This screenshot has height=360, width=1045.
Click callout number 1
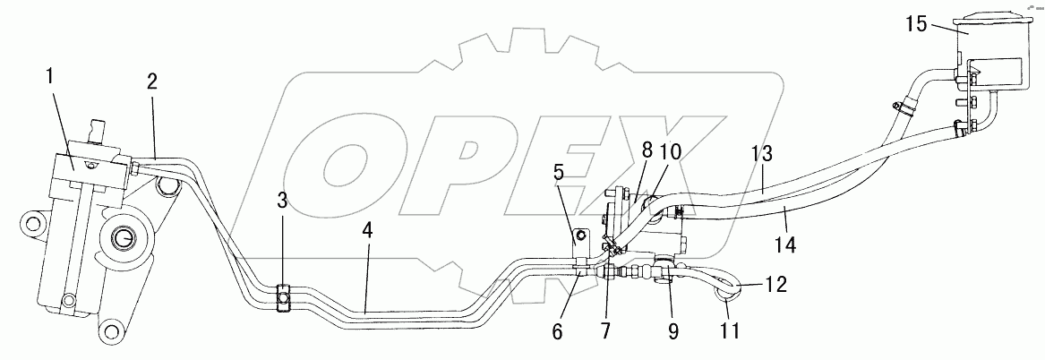(51, 78)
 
